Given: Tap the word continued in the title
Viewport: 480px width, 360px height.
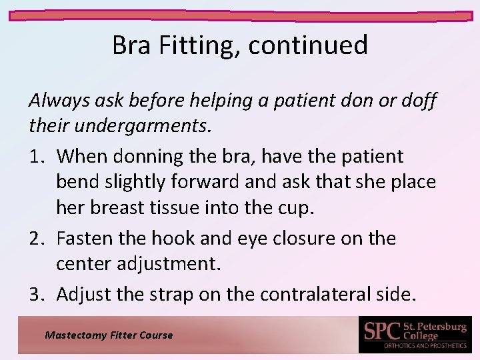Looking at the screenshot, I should click(x=311, y=45).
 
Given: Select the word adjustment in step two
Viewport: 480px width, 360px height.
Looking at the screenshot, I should click(x=171, y=265).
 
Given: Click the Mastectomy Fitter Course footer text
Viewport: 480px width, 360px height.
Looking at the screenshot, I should click(x=108, y=335).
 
